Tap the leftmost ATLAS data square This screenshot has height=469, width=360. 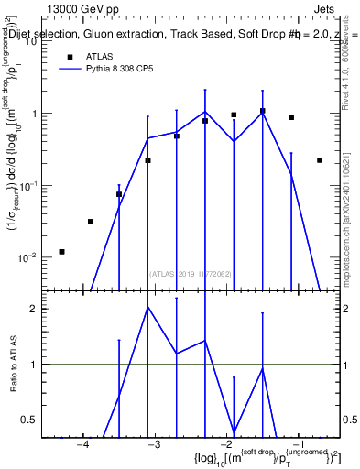pos(61,251)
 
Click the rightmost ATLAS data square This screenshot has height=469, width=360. pos(320,160)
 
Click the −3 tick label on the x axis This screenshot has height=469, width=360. pos(154,445)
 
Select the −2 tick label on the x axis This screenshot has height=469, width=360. pos(225,445)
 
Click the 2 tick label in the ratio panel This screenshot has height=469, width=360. pos(32,309)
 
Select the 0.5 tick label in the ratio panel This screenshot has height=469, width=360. pos(28,420)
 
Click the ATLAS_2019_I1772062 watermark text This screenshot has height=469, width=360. pos(191,273)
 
